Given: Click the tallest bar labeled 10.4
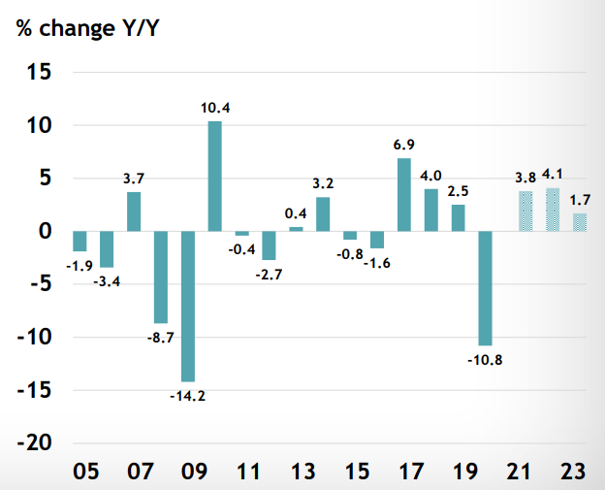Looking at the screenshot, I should (214, 177).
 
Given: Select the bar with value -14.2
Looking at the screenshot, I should (187, 306).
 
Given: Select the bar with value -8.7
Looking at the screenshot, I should (161, 277).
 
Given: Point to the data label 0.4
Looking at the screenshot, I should (296, 212).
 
